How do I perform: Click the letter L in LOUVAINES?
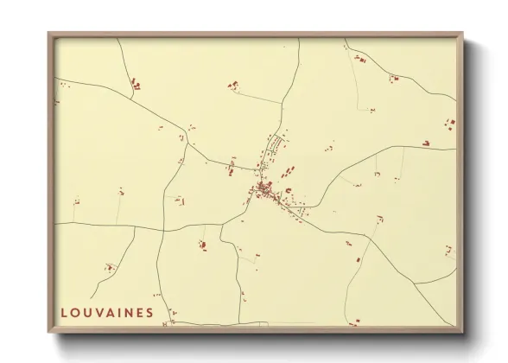coord(65,313)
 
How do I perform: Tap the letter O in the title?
coord(76,313)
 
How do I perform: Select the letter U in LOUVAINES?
coord(88,313)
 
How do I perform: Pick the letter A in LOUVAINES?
coord(112,313)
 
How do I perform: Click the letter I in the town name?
coord(122,313)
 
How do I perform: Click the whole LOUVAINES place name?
coord(108,313)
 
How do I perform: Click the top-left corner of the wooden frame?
coord(49,34)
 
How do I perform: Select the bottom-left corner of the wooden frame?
coord(49,332)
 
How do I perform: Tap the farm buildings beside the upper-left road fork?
coord(135,85)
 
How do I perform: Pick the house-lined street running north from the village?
coord(274,147)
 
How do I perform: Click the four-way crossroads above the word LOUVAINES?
coord(162,231)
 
